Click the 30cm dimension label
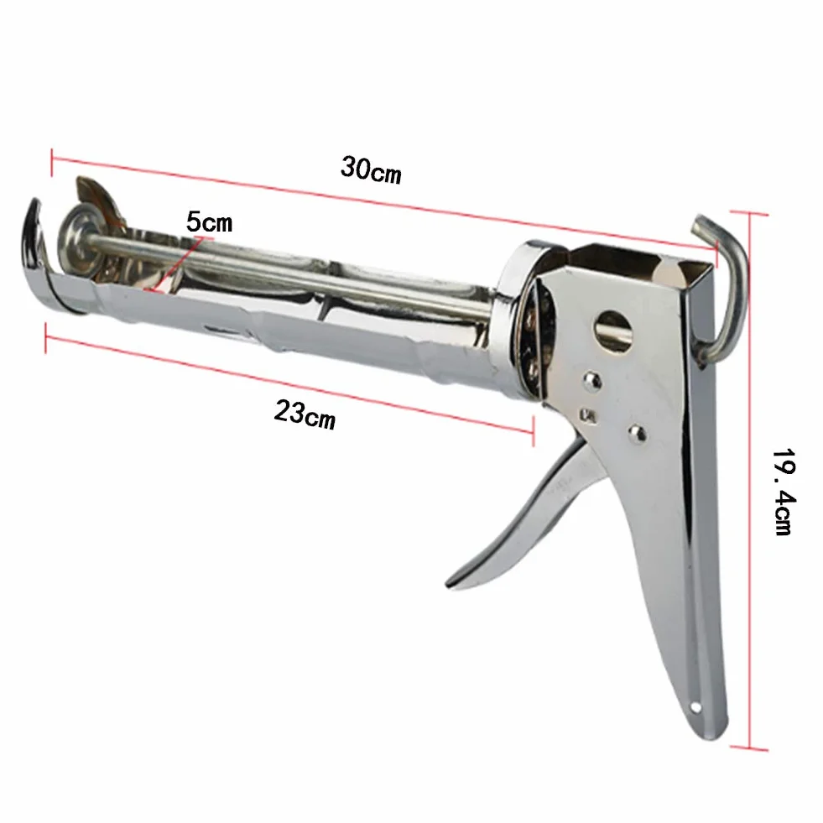pos(371,169)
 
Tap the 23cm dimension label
pos(305,414)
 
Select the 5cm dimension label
pos(210,222)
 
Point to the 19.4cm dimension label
pos(784,492)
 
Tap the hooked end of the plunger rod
pos(721,284)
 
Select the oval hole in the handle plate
pos(613,331)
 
